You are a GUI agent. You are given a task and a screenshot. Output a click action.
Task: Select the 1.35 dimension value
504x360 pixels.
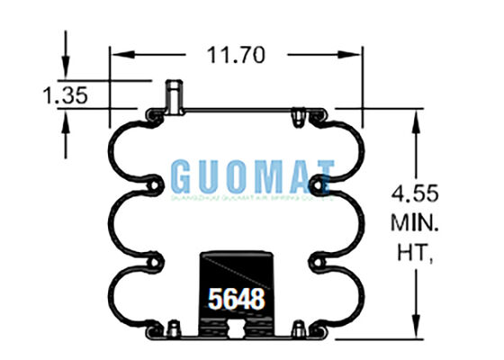(65, 95)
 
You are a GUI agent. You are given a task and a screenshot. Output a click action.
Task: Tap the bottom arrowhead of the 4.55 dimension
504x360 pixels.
(415, 334)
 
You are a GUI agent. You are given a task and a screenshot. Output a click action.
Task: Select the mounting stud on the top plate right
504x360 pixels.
(297, 115)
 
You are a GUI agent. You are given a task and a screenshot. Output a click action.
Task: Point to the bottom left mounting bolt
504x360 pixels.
(171, 328)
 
